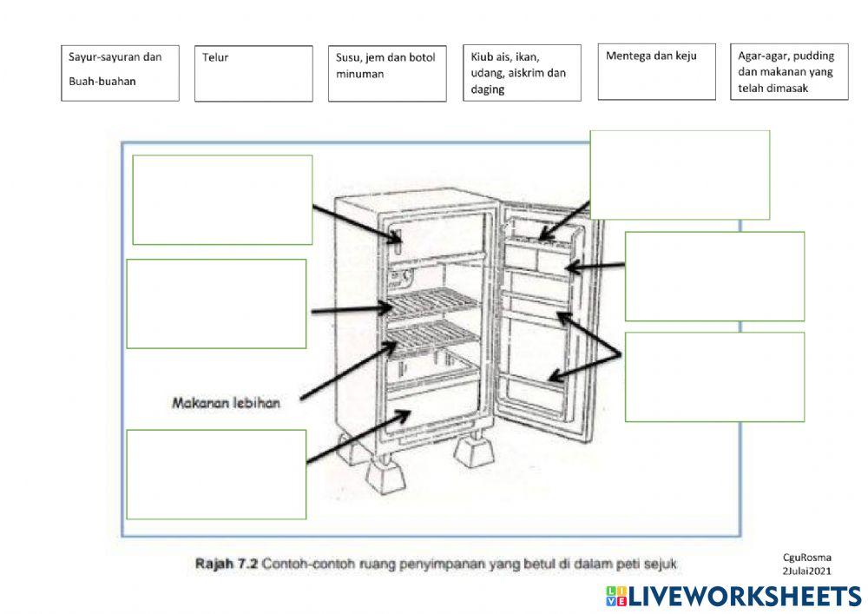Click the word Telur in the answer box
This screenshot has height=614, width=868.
pos(214,57)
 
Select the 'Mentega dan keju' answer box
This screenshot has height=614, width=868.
pos(656,72)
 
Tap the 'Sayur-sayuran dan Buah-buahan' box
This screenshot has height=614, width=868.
pos(120,73)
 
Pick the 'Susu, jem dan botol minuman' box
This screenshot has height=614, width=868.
pos(387,74)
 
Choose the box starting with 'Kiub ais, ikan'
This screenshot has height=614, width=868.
pos(522,73)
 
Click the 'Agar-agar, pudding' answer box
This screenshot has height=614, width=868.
pos(789,72)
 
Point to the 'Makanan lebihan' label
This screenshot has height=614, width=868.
pos(226,403)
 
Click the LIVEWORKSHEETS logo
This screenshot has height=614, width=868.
pos(733,597)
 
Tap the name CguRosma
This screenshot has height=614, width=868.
pos(806,558)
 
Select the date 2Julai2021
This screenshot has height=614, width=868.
pos(806,571)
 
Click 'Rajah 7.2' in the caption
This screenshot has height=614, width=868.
pos(227,564)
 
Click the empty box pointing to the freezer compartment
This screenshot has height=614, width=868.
pos(222,200)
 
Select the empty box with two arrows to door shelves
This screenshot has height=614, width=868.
pos(714,377)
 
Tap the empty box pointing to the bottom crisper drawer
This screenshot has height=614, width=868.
pos(216,474)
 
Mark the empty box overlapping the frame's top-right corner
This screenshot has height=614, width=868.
pos(680,175)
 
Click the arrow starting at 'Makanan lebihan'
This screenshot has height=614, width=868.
pos(349,370)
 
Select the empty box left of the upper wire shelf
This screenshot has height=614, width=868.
pos(216,304)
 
